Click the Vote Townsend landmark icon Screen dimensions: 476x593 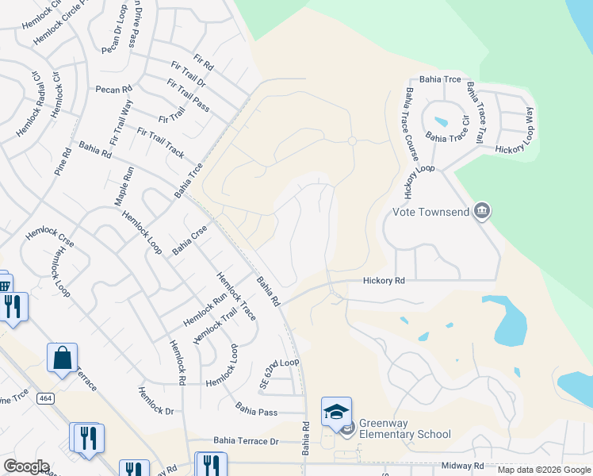481,212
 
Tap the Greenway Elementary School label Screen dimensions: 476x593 404,428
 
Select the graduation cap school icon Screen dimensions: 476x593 336,412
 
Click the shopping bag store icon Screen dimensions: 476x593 62,358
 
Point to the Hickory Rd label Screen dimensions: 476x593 384,281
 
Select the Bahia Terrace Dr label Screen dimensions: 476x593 246,440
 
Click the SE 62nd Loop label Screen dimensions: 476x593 279,372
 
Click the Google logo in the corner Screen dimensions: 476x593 26,466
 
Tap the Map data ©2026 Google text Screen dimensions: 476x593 544,470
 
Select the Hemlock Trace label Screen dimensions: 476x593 237,297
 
